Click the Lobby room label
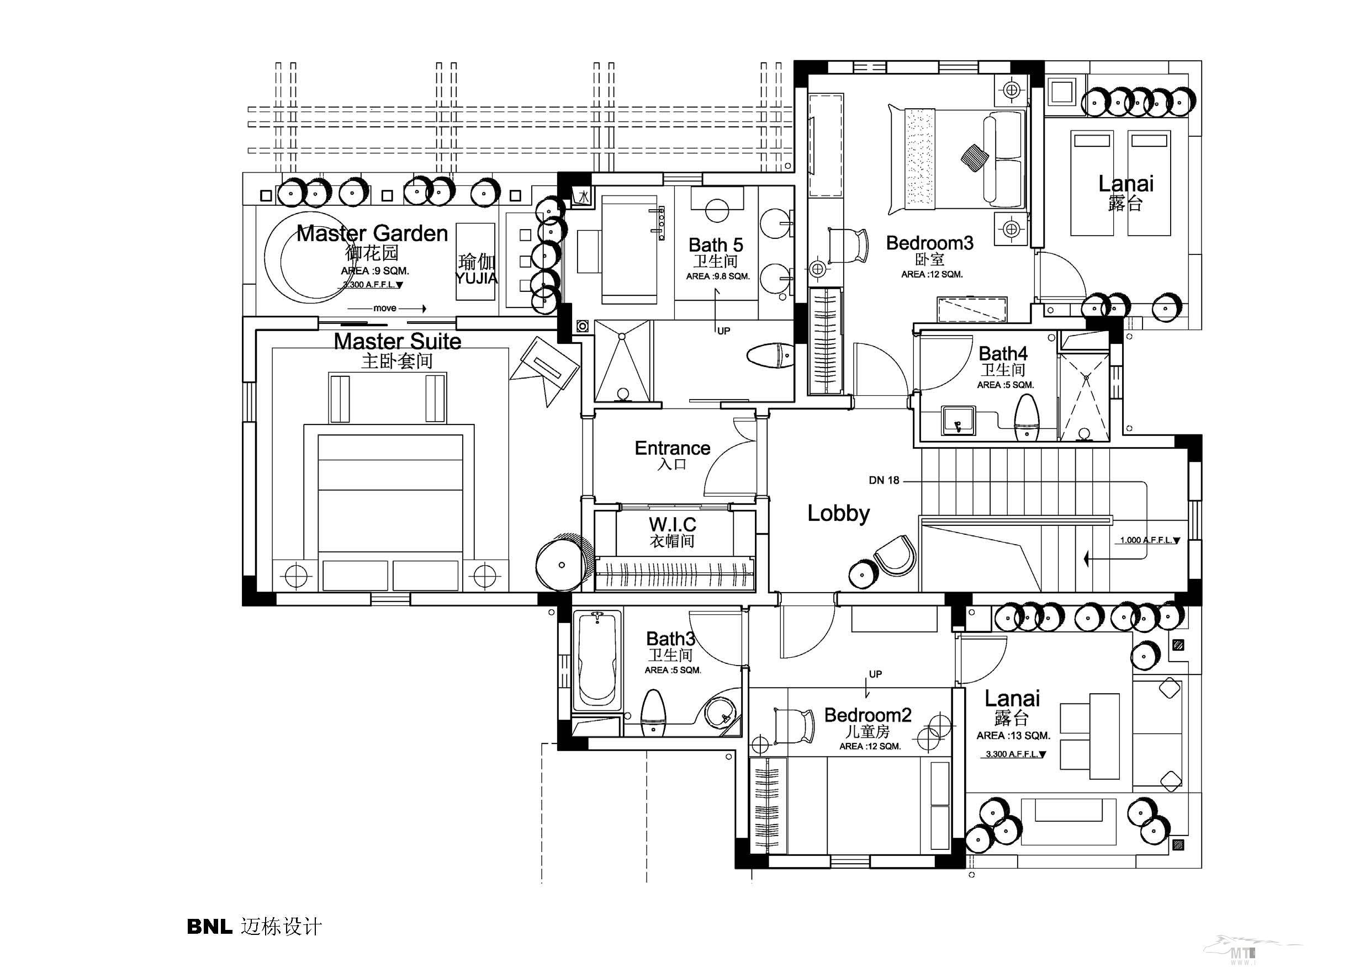(838, 513)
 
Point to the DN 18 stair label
(884, 480)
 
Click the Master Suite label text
(398, 342)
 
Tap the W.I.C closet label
(673, 525)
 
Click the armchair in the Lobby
(895, 555)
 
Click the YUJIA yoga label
(476, 278)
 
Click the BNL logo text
(209, 926)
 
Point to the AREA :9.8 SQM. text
(717, 276)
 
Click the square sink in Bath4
(958, 420)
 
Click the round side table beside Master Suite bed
(560, 564)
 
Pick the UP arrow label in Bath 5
(723, 331)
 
